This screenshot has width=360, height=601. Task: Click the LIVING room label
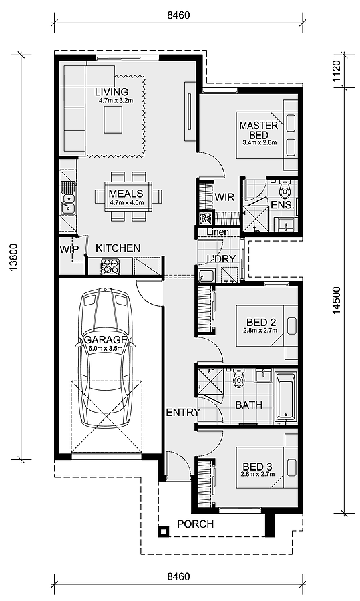click(x=112, y=92)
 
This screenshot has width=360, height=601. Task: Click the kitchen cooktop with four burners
click(x=110, y=266)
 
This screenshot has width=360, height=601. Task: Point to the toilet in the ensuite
click(x=285, y=190)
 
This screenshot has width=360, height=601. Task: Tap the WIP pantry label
click(x=69, y=250)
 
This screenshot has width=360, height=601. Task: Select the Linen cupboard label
click(x=218, y=232)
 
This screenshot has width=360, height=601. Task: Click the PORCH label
click(x=195, y=524)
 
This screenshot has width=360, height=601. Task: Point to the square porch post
click(x=164, y=532)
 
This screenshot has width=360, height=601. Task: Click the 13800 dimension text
click(x=14, y=257)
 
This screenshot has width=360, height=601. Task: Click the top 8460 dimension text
click(x=178, y=15)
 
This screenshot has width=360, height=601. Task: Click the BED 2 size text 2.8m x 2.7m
click(x=260, y=330)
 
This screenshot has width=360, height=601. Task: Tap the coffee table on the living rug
click(x=113, y=120)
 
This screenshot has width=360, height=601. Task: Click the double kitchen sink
click(x=69, y=204)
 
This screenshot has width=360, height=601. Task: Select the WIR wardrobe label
click(x=224, y=197)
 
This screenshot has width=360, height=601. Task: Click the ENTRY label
click(x=183, y=413)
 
